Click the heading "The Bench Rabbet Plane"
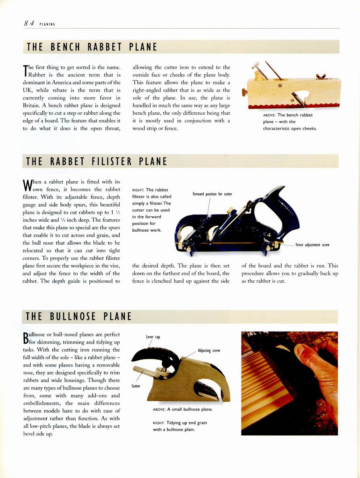tap(92, 47)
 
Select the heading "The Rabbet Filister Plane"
tap(96, 161)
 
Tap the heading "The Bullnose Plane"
tap(79, 317)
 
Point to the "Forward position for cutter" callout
tap(212, 194)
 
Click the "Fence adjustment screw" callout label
tap(312, 245)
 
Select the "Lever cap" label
tap(153, 337)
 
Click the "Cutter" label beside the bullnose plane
tap(136, 386)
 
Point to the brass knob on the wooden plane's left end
tap(244, 93)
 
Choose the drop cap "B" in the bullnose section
tap(27, 339)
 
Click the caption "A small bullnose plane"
tap(183, 410)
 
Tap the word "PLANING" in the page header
tap(48, 24)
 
